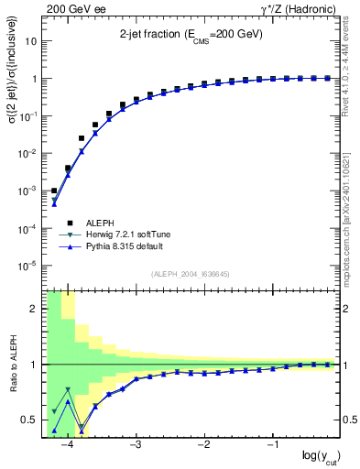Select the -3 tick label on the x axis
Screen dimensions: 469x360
(135, 445)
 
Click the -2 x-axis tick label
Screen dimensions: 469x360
(203, 445)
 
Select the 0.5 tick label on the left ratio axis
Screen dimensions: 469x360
(29, 420)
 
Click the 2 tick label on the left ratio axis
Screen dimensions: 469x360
(34, 309)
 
